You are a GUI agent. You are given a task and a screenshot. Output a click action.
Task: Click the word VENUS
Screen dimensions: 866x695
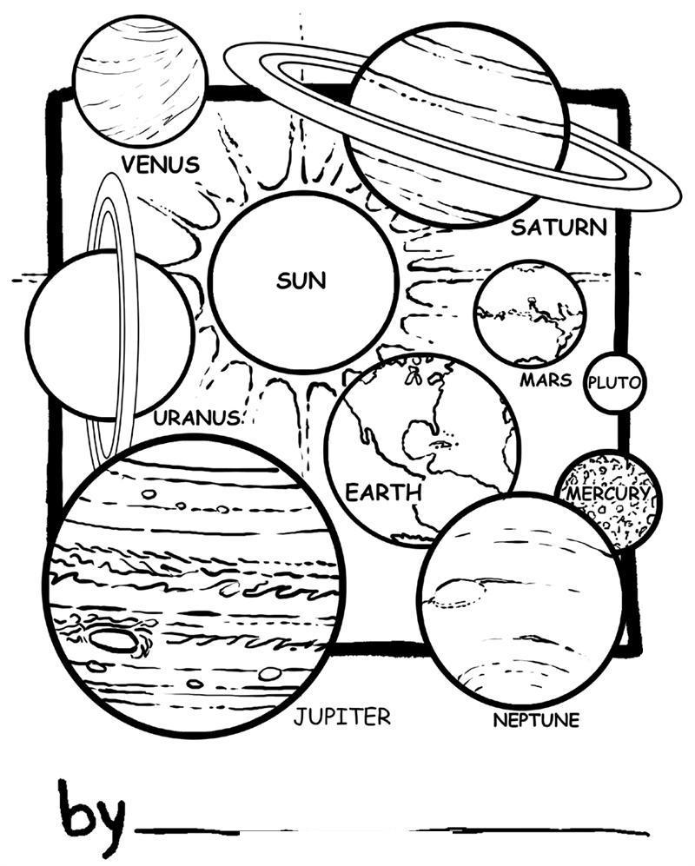click(161, 163)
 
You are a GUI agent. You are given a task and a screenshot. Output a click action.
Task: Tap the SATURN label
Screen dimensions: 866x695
click(558, 228)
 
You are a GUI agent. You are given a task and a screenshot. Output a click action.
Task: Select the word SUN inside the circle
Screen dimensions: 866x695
click(301, 281)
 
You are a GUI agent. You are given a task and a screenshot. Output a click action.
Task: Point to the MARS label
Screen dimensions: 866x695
click(546, 380)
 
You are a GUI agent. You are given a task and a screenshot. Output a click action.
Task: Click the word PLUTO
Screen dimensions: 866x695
click(614, 382)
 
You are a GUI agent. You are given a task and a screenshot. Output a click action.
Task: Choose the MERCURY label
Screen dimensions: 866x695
click(607, 494)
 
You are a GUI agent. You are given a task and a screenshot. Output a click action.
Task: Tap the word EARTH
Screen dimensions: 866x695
click(383, 492)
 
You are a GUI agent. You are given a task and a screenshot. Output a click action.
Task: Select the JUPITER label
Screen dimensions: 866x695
click(341, 717)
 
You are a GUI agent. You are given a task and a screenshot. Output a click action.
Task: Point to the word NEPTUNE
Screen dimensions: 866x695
click(535, 720)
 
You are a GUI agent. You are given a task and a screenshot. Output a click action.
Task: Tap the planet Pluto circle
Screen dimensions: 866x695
click(614, 382)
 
